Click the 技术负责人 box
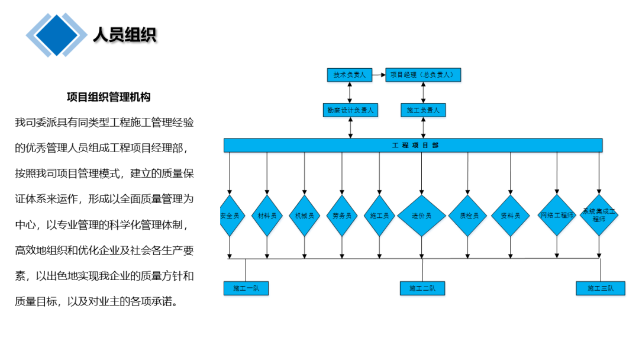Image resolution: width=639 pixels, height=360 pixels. click(349, 75)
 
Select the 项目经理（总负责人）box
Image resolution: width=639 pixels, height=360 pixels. click(422, 75)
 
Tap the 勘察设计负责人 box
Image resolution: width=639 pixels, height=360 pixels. click(350, 110)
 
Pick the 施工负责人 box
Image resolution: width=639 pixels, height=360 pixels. click(422, 110)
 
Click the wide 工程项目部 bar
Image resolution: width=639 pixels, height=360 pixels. click(413, 145)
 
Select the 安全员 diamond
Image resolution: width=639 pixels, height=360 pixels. click(230, 216)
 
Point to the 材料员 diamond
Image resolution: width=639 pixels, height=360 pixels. click(267, 216)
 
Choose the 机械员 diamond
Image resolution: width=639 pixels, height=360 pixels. click(305, 216)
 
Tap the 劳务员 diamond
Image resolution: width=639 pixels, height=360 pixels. click(342, 216)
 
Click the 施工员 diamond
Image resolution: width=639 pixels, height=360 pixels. click(379, 216)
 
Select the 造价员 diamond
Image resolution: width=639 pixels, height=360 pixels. click(421, 216)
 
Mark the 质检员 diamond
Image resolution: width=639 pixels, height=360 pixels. click(468, 216)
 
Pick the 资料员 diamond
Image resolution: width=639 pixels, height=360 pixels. click(510, 216)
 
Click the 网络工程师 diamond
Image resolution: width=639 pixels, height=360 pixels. click(557, 215)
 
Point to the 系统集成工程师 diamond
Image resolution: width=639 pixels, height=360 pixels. click(599, 215)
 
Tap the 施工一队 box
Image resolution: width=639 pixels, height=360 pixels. click(246, 288)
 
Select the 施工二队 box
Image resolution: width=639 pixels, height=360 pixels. click(422, 288)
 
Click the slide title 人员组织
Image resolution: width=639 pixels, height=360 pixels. click(124, 35)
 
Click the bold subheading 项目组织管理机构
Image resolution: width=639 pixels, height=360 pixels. click(108, 97)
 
